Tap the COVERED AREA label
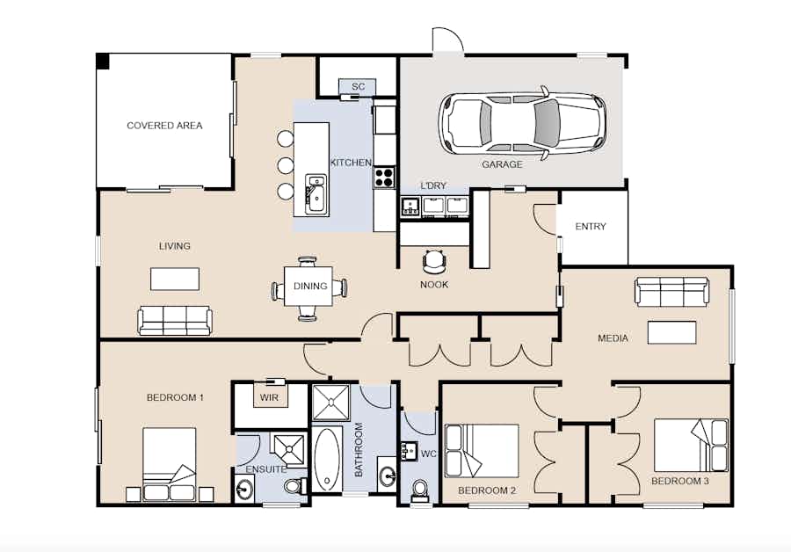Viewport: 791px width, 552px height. [164, 125]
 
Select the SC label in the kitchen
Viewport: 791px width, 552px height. [358, 86]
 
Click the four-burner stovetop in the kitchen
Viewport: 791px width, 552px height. [384, 177]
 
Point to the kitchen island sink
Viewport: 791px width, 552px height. [316, 193]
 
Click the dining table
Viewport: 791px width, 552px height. [308, 286]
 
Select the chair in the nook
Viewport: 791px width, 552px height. [434, 261]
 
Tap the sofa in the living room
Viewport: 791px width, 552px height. [175, 321]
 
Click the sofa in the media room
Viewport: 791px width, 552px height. [672, 291]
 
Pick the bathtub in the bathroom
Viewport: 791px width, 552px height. [328, 459]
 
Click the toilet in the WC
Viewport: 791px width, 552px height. [419, 491]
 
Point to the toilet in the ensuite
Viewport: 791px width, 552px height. [294, 486]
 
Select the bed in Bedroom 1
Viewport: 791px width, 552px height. [170, 465]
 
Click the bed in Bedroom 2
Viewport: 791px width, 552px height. [482, 451]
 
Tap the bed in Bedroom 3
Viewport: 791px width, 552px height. [691, 445]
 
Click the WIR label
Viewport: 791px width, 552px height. [269, 397]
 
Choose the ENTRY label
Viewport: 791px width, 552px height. [591, 227]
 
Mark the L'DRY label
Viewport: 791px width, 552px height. [433, 185]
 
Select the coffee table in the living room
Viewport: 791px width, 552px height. [175, 279]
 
